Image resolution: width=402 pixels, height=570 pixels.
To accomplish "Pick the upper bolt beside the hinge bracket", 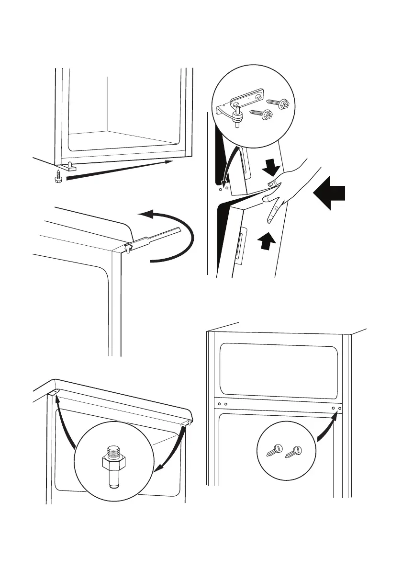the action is click(275, 103).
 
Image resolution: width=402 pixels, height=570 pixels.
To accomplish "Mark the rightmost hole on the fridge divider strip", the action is click(340, 409).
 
